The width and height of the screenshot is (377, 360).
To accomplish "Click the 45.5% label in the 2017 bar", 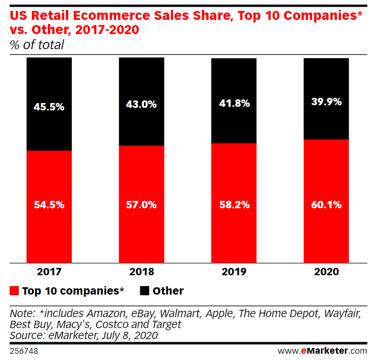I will coord(49,107).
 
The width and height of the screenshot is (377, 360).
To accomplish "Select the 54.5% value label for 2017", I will coord(49,205).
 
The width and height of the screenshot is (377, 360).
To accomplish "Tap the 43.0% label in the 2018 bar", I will coord(141,104).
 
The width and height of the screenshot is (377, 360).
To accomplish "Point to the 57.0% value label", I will coord(141,205).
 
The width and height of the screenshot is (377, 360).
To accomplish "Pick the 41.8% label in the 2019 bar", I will coord(234,103).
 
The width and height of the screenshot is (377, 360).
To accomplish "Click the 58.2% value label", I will coord(234,205).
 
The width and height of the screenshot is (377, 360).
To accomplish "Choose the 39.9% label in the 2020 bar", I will coord(326,102).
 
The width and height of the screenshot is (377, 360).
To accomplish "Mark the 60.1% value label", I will coord(326,205).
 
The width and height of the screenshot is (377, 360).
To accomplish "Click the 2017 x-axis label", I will coord(49,272).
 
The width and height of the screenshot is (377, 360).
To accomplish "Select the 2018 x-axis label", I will coord(141,272).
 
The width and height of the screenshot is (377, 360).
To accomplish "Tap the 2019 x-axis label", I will coord(234,272).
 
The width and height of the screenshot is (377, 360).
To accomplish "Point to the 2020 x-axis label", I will coord(326,272).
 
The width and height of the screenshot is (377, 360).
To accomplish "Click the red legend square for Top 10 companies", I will coord(15,290).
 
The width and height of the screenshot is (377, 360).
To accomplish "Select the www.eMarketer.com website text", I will coord(322,351).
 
